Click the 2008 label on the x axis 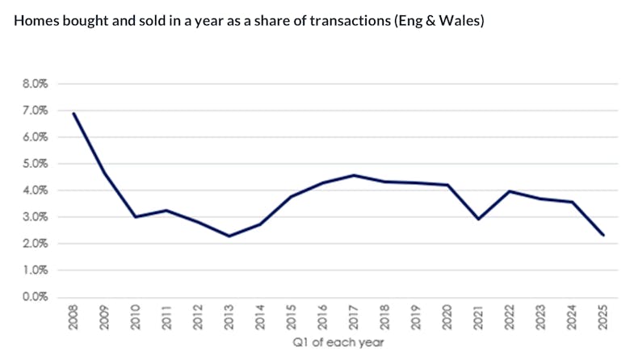coord(74,317)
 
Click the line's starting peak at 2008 coord(74,113)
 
